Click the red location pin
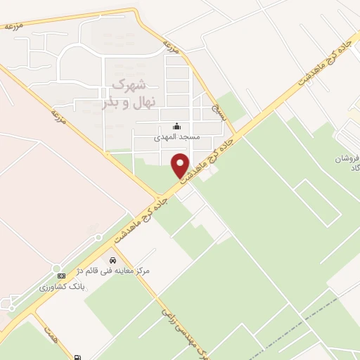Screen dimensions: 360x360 [x=181, y=164]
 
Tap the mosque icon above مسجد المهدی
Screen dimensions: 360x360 [x=175, y=127]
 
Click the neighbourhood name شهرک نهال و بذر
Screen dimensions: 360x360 [x=123, y=94]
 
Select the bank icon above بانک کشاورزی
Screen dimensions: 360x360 [x=61, y=275]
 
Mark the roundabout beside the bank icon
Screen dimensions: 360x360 [x=56, y=268]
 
